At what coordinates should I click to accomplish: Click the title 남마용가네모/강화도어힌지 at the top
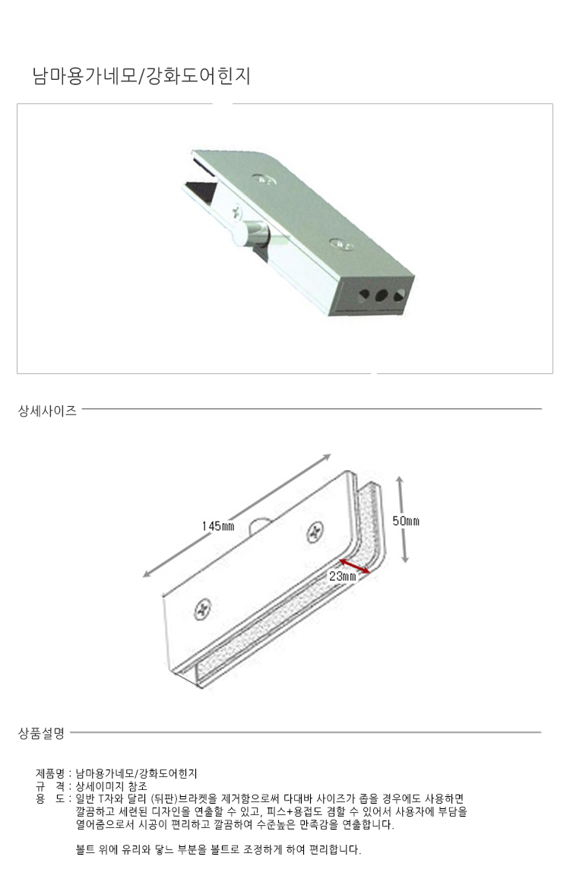(x=142, y=76)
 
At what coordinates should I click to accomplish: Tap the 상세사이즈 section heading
(x=48, y=411)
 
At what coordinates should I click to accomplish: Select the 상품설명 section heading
(x=42, y=733)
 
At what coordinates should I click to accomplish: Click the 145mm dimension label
(x=218, y=526)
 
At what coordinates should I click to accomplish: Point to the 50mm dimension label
(x=406, y=521)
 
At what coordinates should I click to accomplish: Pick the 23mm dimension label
(x=343, y=576)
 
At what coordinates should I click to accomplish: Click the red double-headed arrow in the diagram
(x=353, y=566)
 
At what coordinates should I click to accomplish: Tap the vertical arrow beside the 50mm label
(x=402, y=519)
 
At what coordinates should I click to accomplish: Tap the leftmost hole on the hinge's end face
(x=365, y=294)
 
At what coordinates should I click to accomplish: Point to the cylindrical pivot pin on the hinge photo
(x=251, y=233)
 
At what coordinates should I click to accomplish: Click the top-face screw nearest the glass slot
(x=264, y=179)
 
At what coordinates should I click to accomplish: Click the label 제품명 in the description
(x=50, y=773)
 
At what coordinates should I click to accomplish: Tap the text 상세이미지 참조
(x=111, y=786)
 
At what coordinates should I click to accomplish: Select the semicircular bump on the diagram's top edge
(x=258, y=525)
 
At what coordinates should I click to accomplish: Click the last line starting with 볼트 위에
(x=219, y=850)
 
